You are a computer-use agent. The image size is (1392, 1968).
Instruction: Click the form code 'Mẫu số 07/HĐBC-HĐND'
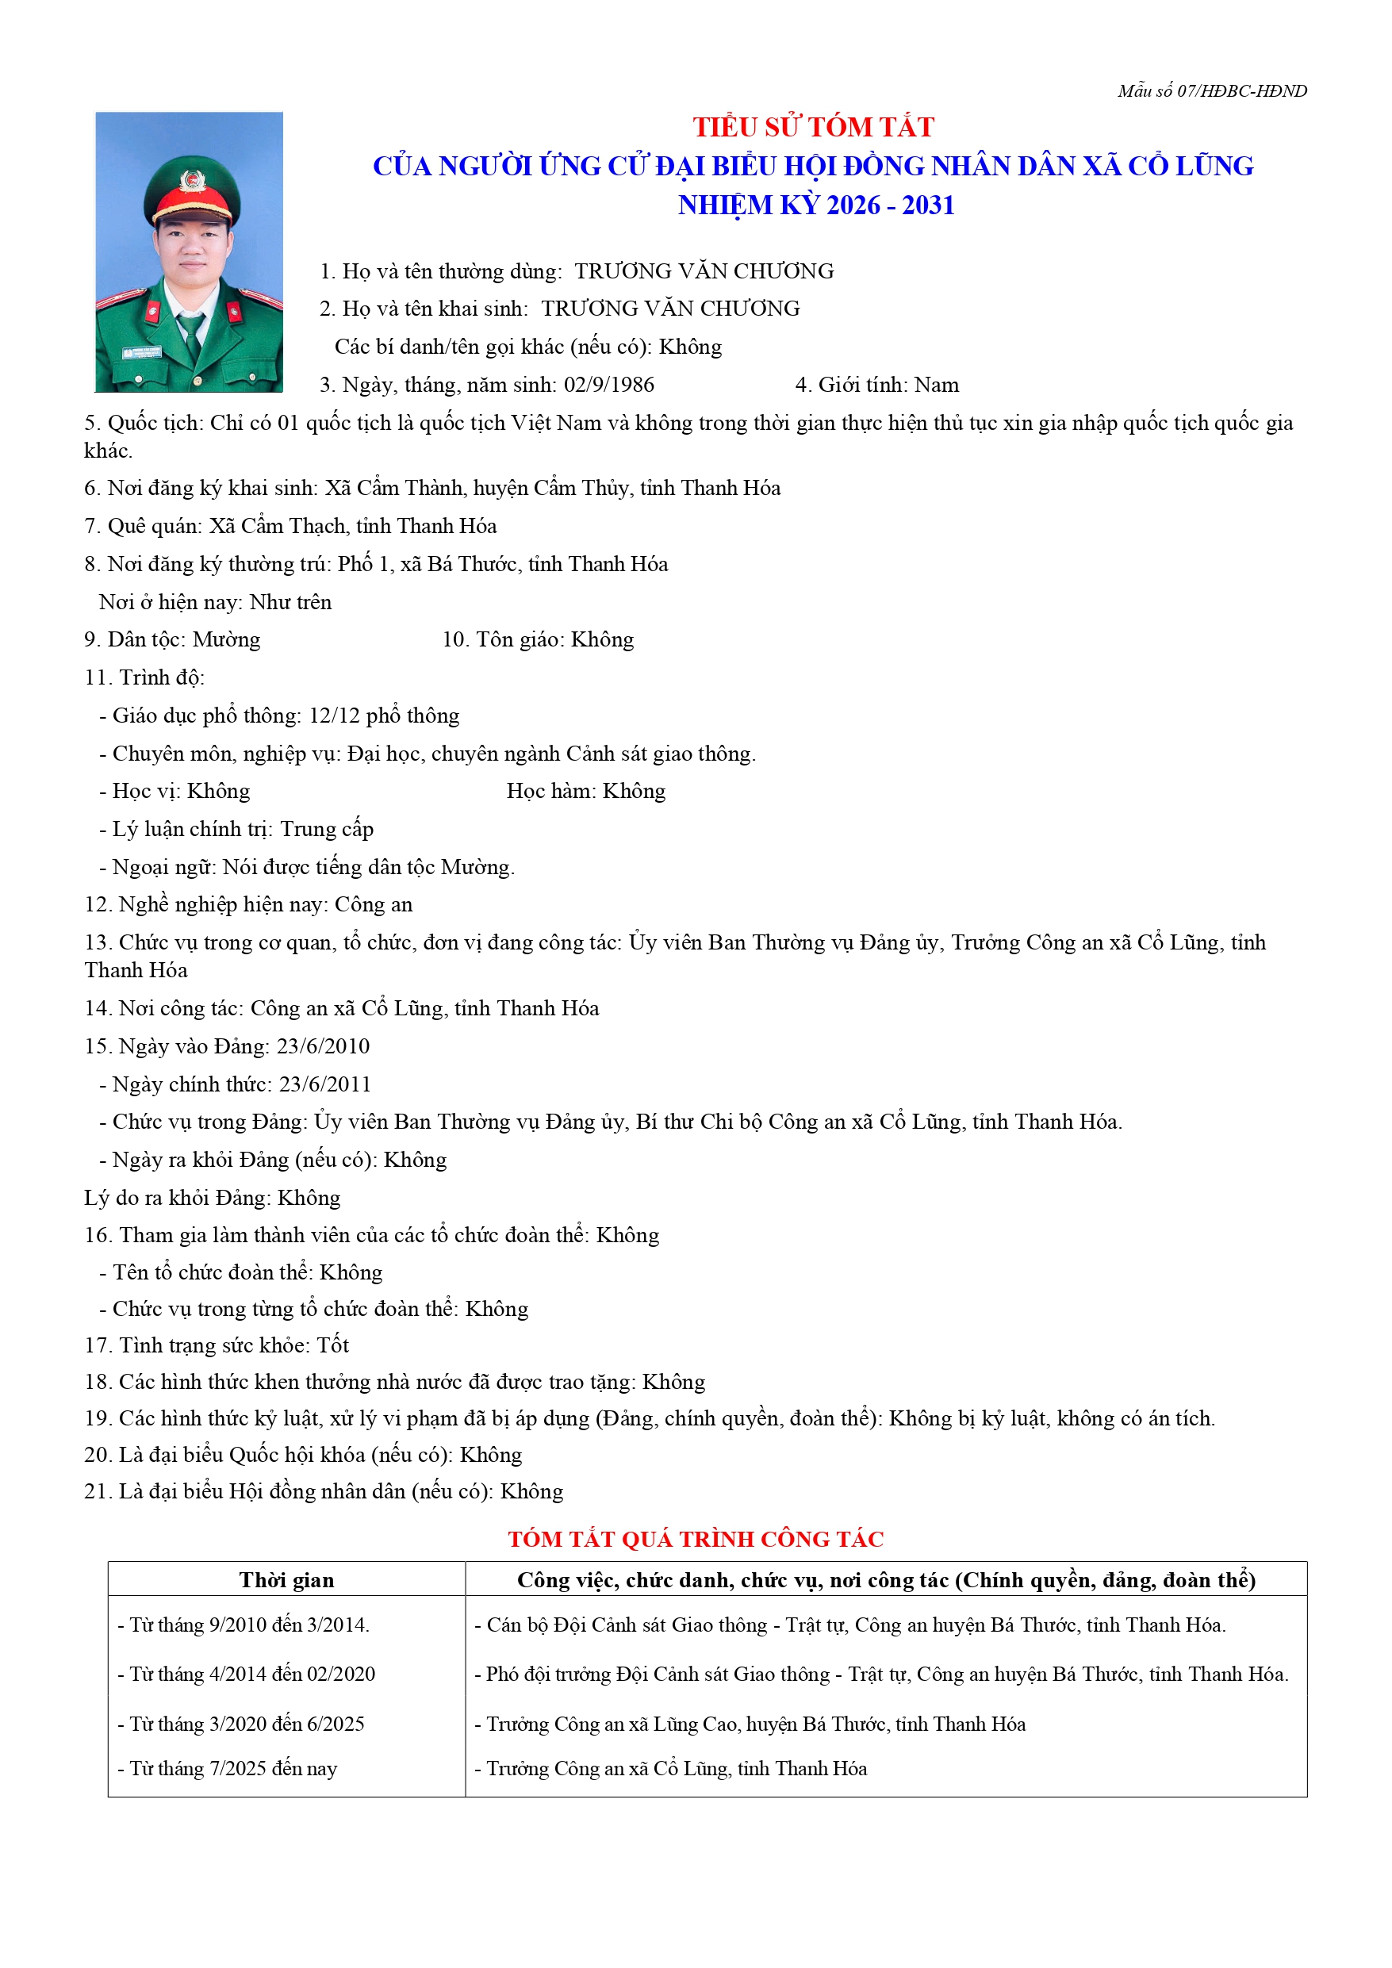(1211, 91)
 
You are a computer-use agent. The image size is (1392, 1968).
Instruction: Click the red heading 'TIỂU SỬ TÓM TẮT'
(812, 127)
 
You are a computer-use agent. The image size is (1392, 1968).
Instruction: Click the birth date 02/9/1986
(608, 385)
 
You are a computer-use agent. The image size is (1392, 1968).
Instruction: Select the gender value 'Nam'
(936, 385)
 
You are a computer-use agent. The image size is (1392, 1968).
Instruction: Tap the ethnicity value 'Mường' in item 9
(226, 639)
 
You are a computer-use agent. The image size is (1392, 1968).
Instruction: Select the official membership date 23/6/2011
(325, 1084)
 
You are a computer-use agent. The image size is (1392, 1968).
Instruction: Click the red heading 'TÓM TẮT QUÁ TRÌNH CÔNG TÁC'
(695, 1540)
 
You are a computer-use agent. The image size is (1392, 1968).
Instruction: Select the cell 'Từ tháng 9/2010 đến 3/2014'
(244, 1625)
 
